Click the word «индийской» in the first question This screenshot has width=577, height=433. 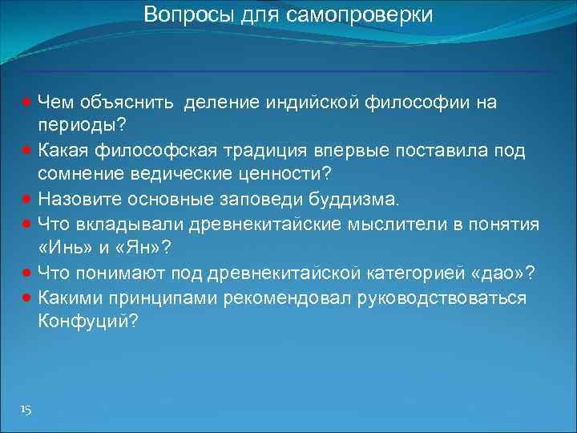(x=308, y=103)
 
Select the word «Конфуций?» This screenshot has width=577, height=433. (x=87, y=321)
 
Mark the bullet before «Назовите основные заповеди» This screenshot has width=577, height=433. (x=26, y=197)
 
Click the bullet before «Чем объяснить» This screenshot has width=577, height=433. (x=26, y=103)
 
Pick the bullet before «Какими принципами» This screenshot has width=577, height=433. (x=26, y=297)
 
